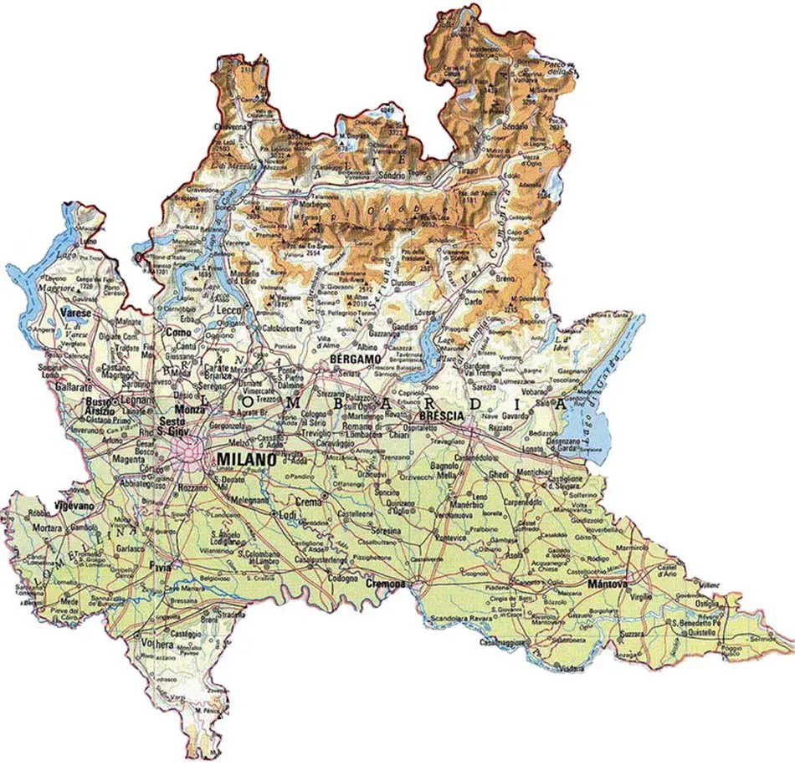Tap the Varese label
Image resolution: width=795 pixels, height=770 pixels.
76,314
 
